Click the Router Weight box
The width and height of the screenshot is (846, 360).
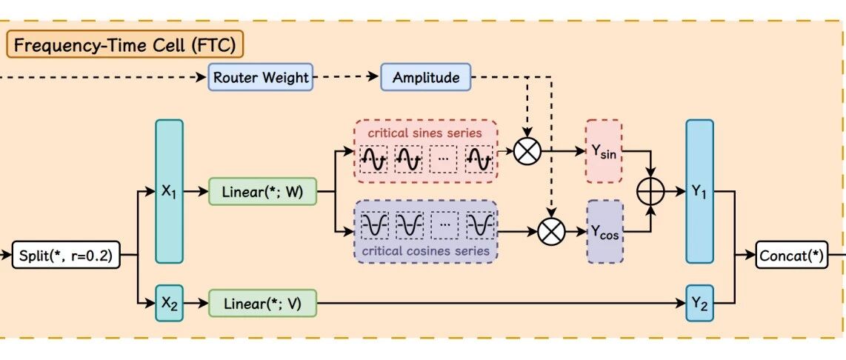(261, 77)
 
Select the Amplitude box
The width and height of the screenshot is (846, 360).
(426, 77)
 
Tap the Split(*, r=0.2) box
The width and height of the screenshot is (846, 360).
(65, 257)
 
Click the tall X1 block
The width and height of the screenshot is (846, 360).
(169, 191)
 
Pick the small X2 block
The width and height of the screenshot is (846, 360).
(169, 303)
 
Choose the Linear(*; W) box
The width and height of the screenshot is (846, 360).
(262, 193)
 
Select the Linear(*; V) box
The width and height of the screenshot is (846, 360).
(262, 303)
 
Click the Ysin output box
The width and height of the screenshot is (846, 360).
(604, 151)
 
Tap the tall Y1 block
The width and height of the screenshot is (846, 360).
(699, 191)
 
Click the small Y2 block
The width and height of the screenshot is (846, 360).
(699, 303)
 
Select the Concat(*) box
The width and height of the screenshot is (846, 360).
(791, 256)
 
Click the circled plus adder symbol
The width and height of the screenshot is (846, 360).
(652, 191)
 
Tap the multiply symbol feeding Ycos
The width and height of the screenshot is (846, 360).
(550, 231)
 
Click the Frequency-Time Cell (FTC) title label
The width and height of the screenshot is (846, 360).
(124, 45)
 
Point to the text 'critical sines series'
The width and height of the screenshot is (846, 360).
(426, 133)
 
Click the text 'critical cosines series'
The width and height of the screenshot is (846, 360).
(426, 251)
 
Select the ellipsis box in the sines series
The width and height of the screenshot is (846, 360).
(443, 159)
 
